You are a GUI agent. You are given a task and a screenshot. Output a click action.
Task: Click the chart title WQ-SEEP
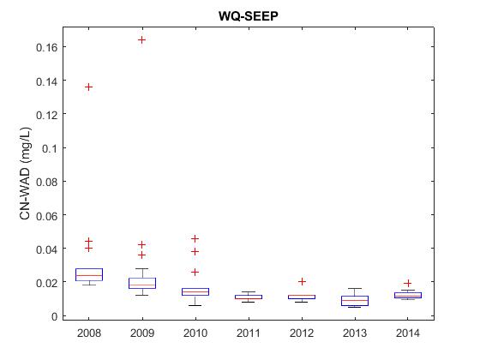pos(249,16)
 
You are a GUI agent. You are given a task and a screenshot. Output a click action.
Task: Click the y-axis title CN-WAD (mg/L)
pos(25,173)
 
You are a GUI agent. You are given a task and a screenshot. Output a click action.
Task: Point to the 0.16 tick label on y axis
pos(47,47)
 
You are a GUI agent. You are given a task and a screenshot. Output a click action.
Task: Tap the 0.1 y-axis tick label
pos(50,148)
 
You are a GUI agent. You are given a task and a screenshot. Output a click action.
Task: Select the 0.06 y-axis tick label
pos(47,216)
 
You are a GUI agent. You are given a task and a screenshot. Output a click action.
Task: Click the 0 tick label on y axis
pos(55,316)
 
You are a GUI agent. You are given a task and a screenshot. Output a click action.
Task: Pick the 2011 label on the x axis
pos(249,333)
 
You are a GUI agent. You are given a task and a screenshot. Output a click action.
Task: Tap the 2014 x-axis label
pos(408,333)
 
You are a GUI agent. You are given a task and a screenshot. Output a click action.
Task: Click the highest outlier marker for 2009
pos(141,39)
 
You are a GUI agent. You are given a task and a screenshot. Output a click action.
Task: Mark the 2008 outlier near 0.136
pos(89,87)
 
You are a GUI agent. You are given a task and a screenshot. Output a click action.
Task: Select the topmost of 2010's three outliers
pos(195,238)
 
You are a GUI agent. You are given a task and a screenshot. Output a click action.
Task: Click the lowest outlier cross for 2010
pos(195,273)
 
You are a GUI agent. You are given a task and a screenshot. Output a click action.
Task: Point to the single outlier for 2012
pos(302,281)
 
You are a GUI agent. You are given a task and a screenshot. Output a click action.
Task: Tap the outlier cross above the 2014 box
pos(408,284)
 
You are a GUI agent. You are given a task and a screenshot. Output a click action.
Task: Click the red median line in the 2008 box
pos(89,275)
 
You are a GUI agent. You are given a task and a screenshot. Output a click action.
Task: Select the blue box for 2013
pos(355,301)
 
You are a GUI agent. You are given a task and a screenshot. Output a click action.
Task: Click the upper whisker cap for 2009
pos(142,268)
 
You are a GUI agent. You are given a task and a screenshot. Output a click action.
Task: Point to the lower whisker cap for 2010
pos(195,305)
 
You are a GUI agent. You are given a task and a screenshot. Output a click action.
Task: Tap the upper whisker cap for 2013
pos(355,288)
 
